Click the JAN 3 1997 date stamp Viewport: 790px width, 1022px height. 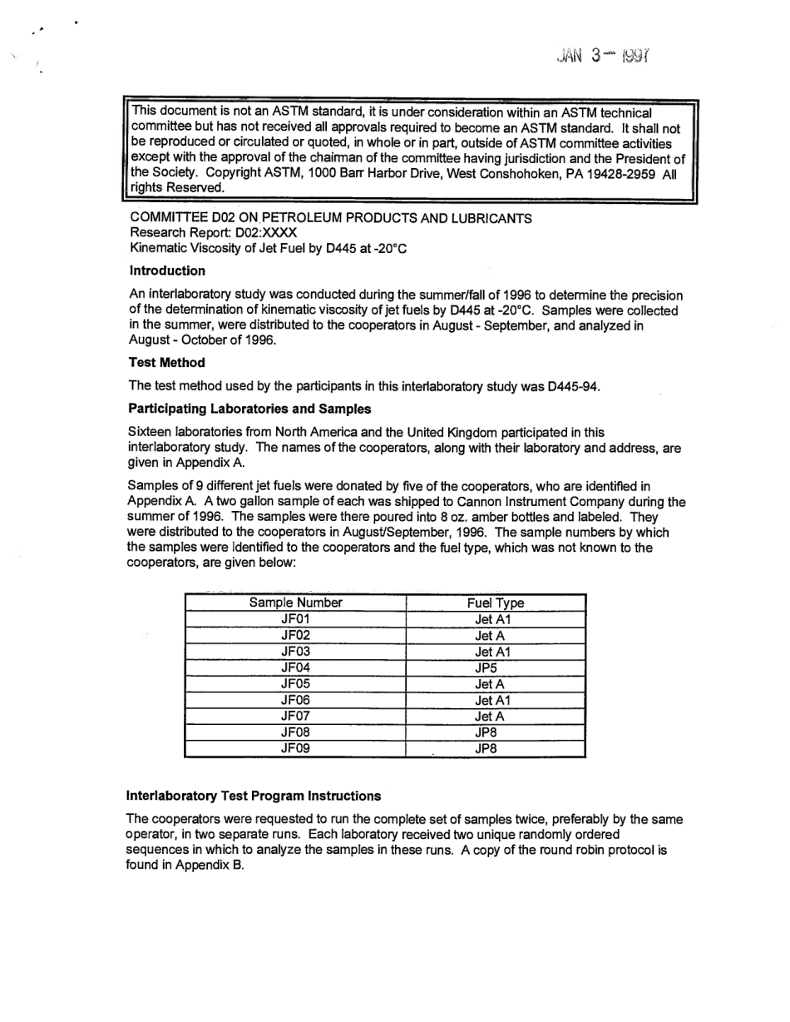pos(604,57)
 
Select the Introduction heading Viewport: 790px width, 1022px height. pos(167,270)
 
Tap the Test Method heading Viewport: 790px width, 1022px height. pos(167,362)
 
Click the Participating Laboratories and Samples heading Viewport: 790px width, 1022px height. pos(249,409)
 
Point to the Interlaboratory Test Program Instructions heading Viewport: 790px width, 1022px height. pos(253,796)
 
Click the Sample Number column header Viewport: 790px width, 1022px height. pos(295,603)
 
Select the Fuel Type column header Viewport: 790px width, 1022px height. pos(496,603)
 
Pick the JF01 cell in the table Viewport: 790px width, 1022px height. pos(295,619)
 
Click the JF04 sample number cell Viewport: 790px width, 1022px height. pos(295,667)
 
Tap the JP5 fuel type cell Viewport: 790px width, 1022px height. pos(496,667)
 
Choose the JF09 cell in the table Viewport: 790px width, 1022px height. pos(295,748)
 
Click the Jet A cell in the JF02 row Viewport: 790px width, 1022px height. pos(496,636)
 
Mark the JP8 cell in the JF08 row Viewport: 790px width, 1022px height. pos(496,732)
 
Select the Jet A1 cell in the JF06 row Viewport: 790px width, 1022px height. pos(496,700)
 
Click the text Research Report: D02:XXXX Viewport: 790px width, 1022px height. pos(213,233)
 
